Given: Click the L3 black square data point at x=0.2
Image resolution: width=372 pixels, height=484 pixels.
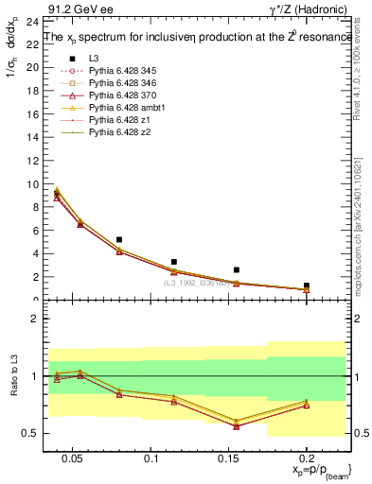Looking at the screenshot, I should pos(306,285).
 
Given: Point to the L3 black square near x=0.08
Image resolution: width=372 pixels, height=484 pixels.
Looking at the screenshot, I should pos(119,240).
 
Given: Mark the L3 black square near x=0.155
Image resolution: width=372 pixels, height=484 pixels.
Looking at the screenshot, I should pos(237,270).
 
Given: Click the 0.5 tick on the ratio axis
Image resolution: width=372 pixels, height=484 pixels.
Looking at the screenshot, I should pos(26,433).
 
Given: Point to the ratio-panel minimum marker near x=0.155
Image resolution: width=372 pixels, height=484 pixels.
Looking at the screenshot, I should pos(237,425).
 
